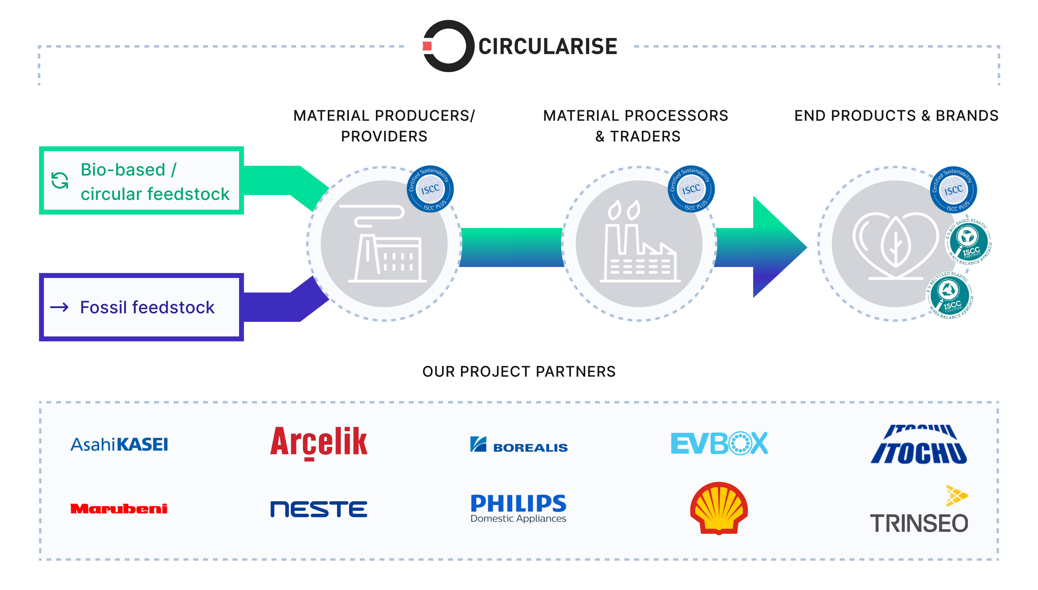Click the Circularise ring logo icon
448,46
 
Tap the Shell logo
719,508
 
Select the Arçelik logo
319,442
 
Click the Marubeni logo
119,509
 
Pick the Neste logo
319,509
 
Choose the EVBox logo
719,443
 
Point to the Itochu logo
919,444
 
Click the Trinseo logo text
919,523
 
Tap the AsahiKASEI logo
119,444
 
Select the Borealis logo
519,445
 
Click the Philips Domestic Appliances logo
518,508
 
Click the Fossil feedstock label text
147,307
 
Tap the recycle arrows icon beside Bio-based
59,180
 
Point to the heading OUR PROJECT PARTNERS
519,371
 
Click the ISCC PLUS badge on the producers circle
430,189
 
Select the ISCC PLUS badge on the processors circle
691,189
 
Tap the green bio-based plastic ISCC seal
969,242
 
